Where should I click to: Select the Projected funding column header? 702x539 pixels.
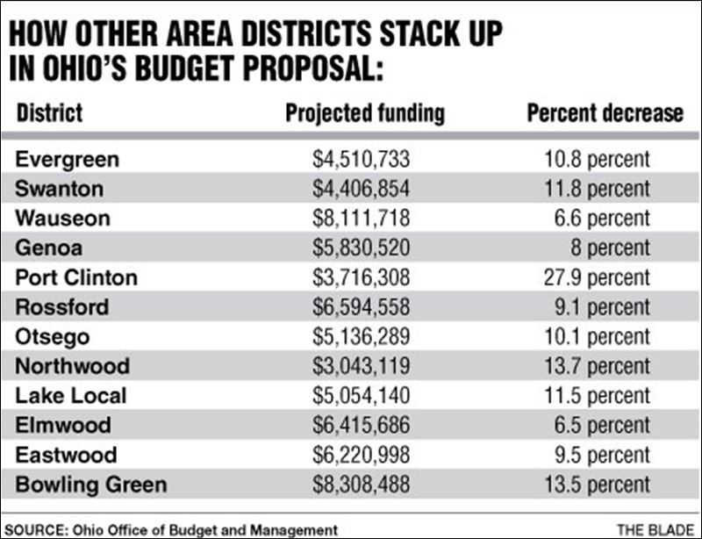coord(365,114)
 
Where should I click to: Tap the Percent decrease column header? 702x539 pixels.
coord(605,114)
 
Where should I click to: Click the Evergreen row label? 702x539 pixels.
coord(68,160)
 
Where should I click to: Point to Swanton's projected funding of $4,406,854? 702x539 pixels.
coord(362,189)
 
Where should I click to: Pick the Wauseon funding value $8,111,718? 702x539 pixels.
coord(362,219)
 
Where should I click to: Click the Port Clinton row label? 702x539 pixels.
coord(76,277)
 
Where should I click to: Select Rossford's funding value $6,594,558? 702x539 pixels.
coord(362,307)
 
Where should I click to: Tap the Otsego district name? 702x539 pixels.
coord(53,337)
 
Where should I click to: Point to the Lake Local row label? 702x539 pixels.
coord(71,396)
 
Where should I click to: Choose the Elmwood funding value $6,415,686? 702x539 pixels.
coord(362,426)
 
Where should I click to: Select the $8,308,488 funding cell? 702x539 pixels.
coord(362,485)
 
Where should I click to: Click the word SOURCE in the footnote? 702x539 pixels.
coord(35,528)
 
